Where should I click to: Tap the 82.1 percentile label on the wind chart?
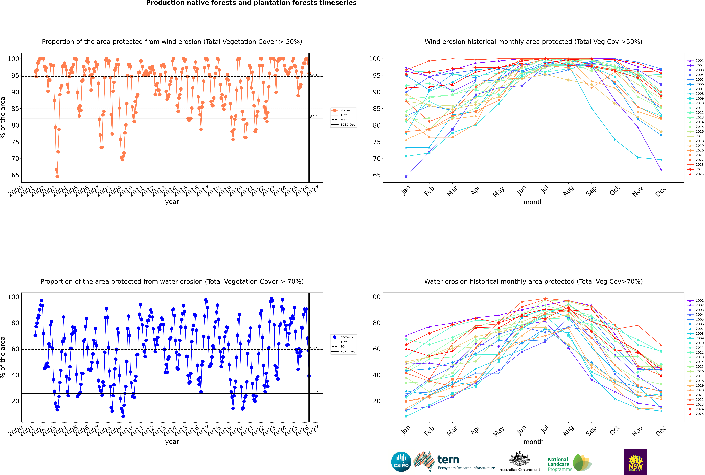tap(314, 117)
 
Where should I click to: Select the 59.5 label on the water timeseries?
tap(314, 348)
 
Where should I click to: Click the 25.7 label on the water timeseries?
tap(314, 392)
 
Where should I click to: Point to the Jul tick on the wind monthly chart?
tap(545, 190)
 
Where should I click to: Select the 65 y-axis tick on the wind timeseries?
tap(15, 175)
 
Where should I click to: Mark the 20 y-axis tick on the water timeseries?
tap(15, 401)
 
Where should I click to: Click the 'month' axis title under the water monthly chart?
tap(533, 442)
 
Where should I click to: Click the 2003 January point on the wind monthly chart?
tap(406, 176)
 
